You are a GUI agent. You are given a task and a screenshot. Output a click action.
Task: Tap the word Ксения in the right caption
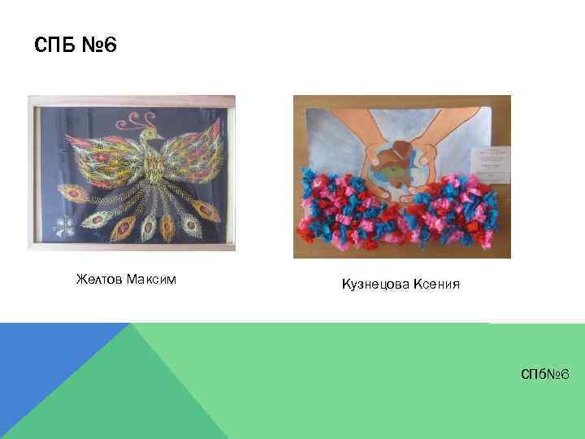pyautogui.click(x=436, y=284)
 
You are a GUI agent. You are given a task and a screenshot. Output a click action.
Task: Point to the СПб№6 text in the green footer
pyautogui.click(x=547, y=373)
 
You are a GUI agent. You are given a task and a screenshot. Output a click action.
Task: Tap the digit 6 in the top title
pyautogui.click(x=110, y=46)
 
